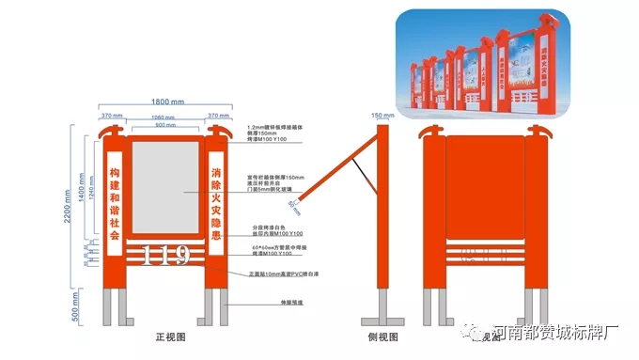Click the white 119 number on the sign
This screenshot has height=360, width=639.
(164, 255)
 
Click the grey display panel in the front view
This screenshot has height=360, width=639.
(164, 188)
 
